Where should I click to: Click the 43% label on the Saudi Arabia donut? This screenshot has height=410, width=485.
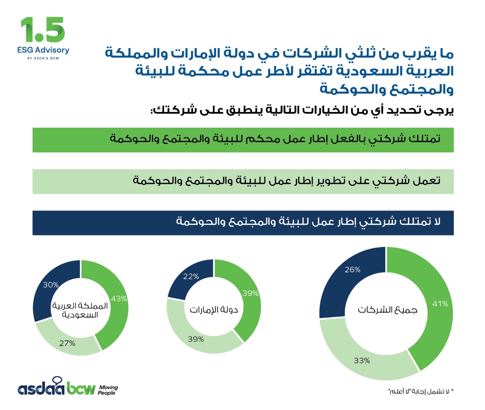tap(119, 299)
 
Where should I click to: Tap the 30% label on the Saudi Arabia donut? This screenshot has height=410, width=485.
tap(51, 285)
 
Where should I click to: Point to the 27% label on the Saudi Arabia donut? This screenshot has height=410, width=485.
tap(67, 343)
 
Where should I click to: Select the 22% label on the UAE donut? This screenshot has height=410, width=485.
tap(191, 277)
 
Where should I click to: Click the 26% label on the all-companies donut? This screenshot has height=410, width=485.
tap(352, 270)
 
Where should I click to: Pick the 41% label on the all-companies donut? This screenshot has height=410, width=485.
tap(440, 304)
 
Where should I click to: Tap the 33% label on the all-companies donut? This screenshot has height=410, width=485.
tap(362, 360)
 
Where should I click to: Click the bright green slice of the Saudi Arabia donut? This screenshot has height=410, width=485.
tap(114, 318)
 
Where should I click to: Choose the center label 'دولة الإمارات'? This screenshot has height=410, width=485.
tap(214, 310)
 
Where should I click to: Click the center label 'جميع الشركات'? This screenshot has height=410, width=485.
tap(388, 310)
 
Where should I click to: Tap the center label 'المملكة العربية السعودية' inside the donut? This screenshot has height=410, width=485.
tap(80, 310)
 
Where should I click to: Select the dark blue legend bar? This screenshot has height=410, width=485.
tap(243, 223)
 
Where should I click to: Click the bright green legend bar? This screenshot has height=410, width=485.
tap(243, 140)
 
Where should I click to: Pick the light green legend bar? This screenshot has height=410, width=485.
tap(243, 182)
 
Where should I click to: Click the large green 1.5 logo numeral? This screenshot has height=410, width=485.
tap(43, 30)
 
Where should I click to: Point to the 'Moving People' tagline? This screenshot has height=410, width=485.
tap(108, 390)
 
